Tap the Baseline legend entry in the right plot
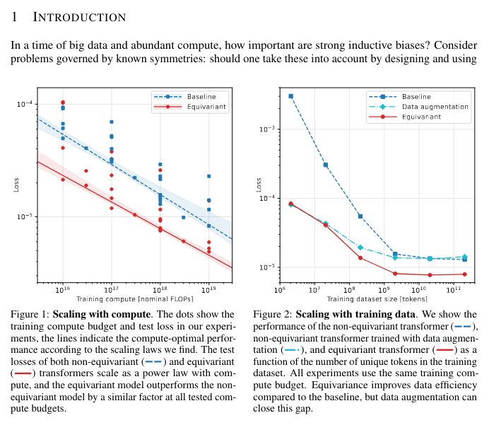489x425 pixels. [x=416, y=96]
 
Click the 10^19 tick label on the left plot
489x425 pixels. [x=208, y=290]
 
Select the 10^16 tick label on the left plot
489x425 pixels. [x=62, y=290]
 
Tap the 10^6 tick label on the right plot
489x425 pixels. [x=281, y=290]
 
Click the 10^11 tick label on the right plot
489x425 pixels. [x=452, y=290]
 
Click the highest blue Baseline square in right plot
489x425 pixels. [x=290, y=96]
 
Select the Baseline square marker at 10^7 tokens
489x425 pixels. [x=325, y=165]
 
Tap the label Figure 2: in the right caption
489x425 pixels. [x=273, y=314]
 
